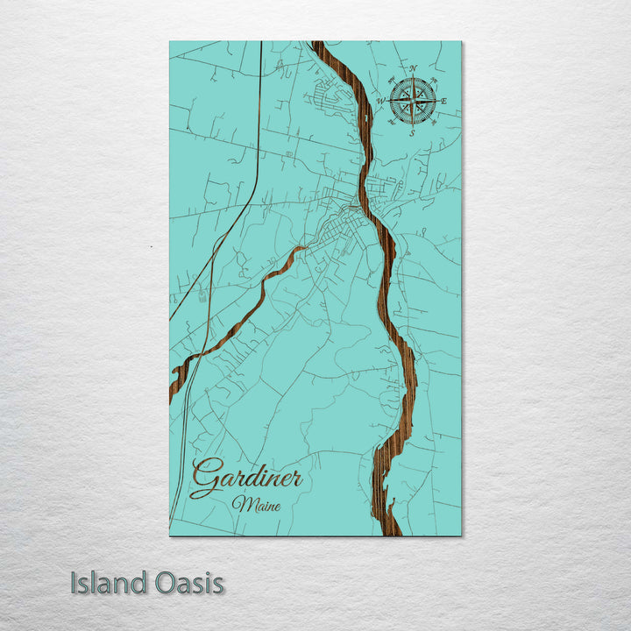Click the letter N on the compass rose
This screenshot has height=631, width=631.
pyautogui.click(x=415, y=69)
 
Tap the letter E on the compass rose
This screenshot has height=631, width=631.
pyautogui.click(x=443, y=102)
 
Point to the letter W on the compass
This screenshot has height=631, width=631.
pyautogui.click(x=381, y=101)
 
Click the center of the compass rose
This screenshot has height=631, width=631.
pyautogui.click(x=413, y=101)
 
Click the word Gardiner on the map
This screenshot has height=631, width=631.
pyautogui.click(x=247, y=479)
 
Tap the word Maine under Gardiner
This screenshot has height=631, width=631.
pyautogui.click(x=252, y=505)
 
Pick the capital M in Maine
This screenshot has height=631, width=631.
pyautogui.click(x=239, y=505)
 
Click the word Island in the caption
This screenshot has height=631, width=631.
pyautogui.click(x=110, y=584)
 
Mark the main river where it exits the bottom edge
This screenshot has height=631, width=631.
pyautogui.click(x=389, y=529)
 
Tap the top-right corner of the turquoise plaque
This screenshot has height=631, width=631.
pyautogui.click(x=460, y=42)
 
